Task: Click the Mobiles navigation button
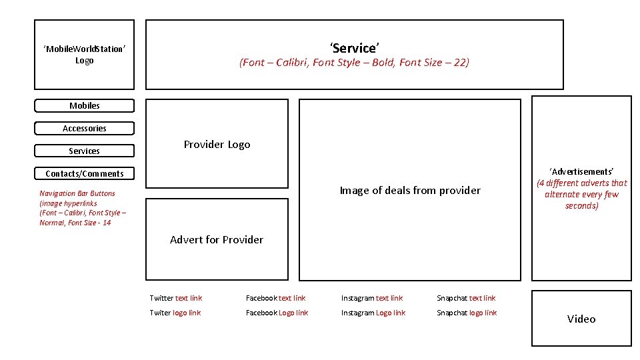[85, 106]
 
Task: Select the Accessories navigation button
[85, 128]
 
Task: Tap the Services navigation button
[85, 151]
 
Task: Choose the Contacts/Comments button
[85, 173]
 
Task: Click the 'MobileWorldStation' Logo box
[85, 55]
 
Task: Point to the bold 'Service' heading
[354, 48]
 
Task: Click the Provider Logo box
[217, 144]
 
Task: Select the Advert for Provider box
[217, 239]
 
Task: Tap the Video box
[581, 319]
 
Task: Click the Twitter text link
[176, 298]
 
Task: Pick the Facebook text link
[275, 298]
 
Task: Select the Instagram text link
[372, 298]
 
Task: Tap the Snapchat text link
[466, 298]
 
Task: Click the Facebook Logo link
[277, 313]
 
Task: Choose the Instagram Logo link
[373, 313]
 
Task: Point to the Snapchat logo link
[467, 313]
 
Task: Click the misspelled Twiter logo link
[175, 313]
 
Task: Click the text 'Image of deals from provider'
[410, 190]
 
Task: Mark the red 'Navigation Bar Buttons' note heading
[77, 193]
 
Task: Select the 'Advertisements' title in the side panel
[581, 171]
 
